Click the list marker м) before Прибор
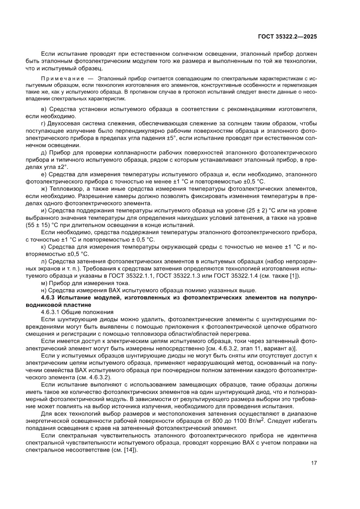[44, 283]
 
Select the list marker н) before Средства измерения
[44, 290]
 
